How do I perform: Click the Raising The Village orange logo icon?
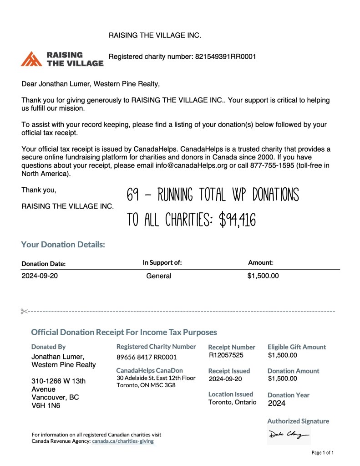[32, 59]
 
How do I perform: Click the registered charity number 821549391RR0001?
[225, 57]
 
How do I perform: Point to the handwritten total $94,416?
[237, 220]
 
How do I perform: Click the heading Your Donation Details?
[63, 245]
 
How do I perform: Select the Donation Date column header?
[44, 264]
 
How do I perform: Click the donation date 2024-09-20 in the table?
[40, 276]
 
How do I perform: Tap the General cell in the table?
[159, 276]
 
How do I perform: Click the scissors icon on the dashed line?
[24, 311]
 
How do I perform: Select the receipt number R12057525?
[226, 355]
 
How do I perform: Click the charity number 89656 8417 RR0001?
[147, 357]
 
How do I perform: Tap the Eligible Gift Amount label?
[297, 347]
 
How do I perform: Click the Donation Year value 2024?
[277, 403]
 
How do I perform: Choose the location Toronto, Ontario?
[232, 402]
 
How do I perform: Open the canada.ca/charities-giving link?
[123, 441]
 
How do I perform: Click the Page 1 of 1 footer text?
[323, 453]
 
